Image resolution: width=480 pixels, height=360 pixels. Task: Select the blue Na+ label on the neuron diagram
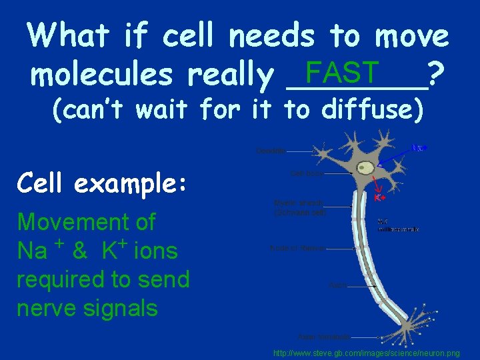(419, 147)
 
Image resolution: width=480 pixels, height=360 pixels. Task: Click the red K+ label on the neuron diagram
(379, 198)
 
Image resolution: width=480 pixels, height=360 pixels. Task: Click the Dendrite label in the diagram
(271, 151)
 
